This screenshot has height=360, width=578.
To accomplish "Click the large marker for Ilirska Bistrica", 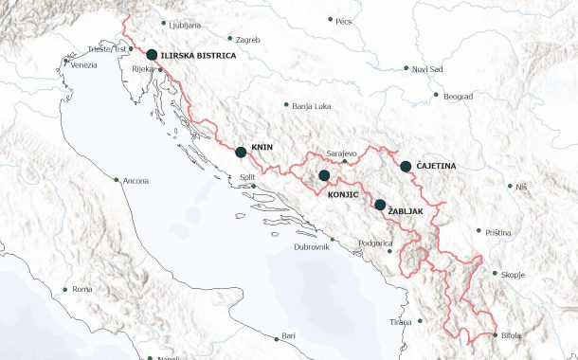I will [152, 55].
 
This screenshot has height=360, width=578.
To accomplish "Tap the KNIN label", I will [262, 149].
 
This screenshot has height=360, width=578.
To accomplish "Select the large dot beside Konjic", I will [324, 175].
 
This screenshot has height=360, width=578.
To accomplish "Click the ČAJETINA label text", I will [436, 166].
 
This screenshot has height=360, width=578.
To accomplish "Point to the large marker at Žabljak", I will [380, 205].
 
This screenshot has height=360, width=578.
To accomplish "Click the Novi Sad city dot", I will [406, 69].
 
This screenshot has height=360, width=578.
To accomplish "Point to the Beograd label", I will [459, 96].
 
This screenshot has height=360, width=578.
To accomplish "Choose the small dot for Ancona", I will [116, 180].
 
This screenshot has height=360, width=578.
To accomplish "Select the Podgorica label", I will [375, 243].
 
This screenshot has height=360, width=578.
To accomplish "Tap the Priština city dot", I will [479, 231].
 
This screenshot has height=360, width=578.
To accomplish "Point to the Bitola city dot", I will [495, 334].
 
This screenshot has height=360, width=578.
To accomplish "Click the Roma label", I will [82, 289].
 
